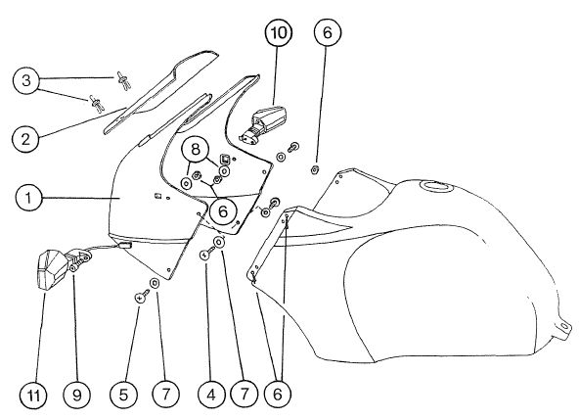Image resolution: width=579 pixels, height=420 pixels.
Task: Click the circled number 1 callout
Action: pyautogui.click(x=28, y=198)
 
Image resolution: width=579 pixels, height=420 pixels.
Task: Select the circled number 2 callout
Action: pyautogui.click(x=25, y=139)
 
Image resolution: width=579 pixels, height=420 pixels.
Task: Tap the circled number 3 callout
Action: pyautogui.click(x=25, y=80)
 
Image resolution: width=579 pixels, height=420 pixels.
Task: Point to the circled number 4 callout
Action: pyautogui.click(x=211, y=395)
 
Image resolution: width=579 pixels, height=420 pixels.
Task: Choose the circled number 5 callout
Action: pyautogui.click(x=123, y=395)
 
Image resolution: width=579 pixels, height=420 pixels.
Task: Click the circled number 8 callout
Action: pyautogui.click(x=195, y=150)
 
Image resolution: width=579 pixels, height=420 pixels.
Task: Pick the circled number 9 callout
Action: pyautogui.click(x=76, y=395)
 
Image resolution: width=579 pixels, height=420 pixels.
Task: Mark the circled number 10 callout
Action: pyautogui.click(x=279, y=32)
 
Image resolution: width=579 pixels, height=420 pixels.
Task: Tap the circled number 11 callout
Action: pyautogui.click(x=33, y=395)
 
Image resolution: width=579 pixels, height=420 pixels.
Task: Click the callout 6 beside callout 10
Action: pyautogui.click(x=328, y=32)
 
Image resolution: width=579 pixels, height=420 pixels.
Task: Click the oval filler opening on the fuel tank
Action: pyautogui.click(x=436, y=187)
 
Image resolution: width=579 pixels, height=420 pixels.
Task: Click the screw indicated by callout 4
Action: pyautogui.click(x=206, y=253)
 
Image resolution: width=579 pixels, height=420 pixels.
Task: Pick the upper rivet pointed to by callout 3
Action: pyautogui.click(x=123, y=80)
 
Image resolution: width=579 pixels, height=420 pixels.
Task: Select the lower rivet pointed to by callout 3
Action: pyautogui.click(x=97, y=103)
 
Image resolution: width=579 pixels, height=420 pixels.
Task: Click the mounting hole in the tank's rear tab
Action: pyautogui.click(x=563, y=326)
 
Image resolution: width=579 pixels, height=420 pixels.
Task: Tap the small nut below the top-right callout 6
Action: pyautogui.click(x=315, y=169)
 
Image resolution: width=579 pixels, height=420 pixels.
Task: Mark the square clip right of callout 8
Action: pyautogui.click(x=225, y=160)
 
